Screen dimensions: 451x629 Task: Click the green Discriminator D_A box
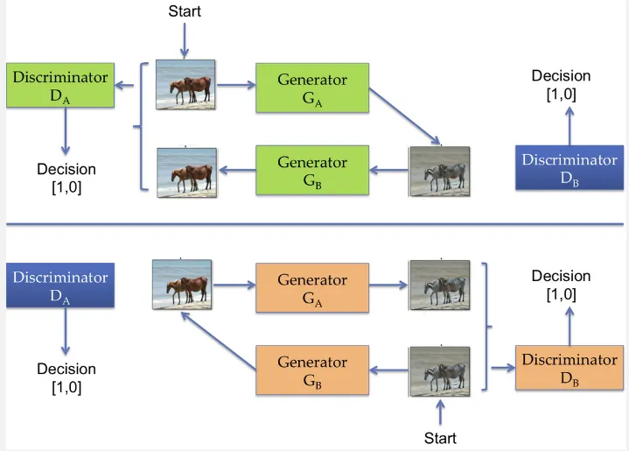pos(60,85)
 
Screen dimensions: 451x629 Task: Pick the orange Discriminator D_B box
pos(570,368)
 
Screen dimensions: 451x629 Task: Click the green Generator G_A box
pos(312,88)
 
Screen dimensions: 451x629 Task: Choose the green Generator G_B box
pos(312,170)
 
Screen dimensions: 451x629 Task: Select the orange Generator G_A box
pos(312,288)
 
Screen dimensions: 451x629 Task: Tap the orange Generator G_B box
pos(312,369)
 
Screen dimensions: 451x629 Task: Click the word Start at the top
pos(184,11)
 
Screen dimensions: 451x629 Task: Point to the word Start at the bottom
pos(439,437)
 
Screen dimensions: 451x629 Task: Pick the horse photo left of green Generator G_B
pos(185,171)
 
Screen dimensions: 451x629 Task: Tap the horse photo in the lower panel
pos(182,285)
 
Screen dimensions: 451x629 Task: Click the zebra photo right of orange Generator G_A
pos(439,285)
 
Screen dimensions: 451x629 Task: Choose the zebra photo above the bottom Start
pos(439,370)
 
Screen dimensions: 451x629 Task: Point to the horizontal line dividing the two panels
pos(314,226)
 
